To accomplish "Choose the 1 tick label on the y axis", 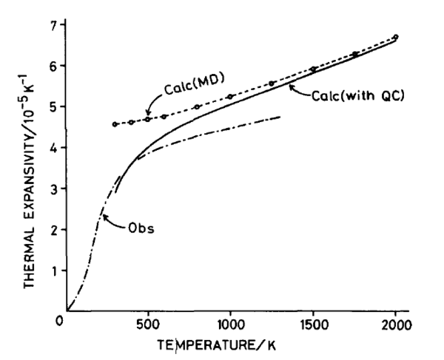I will click(x=52, y=271).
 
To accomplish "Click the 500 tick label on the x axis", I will click(x=148, y=326).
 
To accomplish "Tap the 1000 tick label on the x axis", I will click(x=230, y=326).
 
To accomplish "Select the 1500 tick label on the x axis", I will click(x=313, y=326).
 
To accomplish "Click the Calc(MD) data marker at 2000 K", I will click(x=396, y=37).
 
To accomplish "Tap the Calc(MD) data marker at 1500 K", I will click(x=313, y=69).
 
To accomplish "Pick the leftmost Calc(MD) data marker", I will click(x=115, y=124).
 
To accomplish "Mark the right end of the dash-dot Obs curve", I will click(x=280, y=116).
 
